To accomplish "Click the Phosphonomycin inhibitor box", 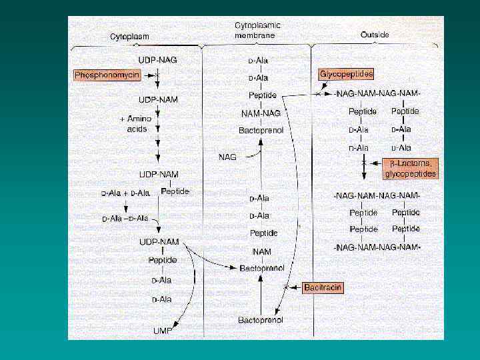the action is pos(107,76).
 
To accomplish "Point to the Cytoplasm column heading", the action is pos(129,36).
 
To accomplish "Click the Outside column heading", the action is pos(375,34).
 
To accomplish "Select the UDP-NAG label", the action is pos(158,60).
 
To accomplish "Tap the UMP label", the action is pos(162,331).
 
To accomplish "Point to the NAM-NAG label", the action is pos(261,113).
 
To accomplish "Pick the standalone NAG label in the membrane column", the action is pos(228,157).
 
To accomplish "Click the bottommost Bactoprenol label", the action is pos(261,320).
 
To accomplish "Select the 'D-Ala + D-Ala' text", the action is pos(125,193).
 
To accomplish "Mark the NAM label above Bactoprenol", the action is pos(261,251).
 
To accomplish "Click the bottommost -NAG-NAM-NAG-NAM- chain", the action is pos(377,247).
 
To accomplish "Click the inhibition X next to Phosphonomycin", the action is pos(157,76).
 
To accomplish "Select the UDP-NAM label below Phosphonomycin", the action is pos(159,99).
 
